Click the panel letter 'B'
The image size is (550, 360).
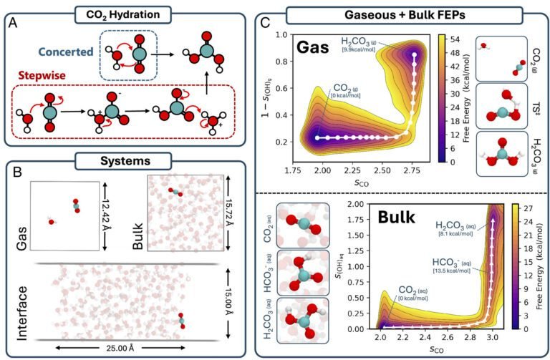(x=12, y=174)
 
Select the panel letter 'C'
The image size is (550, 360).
(x=265, y=29)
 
